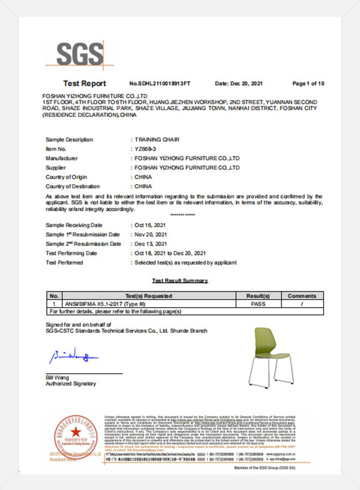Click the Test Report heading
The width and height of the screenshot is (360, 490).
[x=84, y=83]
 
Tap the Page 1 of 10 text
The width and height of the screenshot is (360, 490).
[x=308, y=83]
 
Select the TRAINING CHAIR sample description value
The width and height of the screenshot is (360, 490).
[x=154, y=140]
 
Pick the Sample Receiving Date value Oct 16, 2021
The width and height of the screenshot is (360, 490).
[x=150, y=225]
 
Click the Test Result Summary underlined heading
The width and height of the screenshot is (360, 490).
[x=180, y=281]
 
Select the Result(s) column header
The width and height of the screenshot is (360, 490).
[x=258, y=296]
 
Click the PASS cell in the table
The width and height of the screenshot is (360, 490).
[x=258, y=304]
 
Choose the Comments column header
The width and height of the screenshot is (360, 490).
[x=301, y=296]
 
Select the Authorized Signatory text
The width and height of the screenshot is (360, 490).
[x=70, y=384]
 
